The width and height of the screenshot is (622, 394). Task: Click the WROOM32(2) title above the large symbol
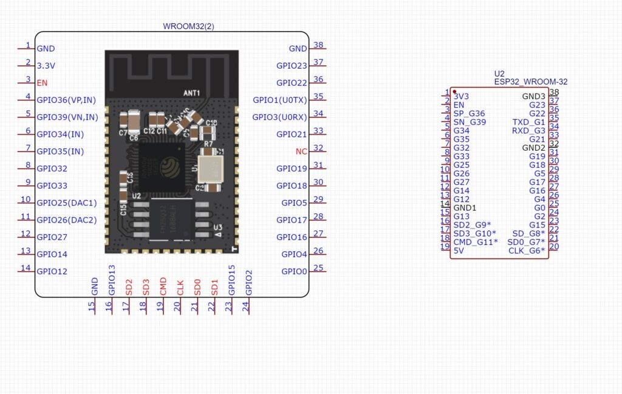coord(188,26)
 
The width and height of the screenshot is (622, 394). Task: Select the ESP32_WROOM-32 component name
coord(531,81)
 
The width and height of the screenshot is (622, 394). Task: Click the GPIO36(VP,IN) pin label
coord(66,100)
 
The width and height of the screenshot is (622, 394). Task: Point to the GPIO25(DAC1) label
coord(67,202)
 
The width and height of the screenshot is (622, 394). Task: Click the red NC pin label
coord(301,151)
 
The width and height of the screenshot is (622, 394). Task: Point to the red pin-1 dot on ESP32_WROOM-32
coord(454,92)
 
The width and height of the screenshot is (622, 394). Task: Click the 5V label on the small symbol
coord(459,251)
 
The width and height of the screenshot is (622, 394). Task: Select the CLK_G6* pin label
coord(527,251)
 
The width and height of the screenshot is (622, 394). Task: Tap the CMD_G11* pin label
coord(476,242)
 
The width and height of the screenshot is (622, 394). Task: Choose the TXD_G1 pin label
coord(529,122)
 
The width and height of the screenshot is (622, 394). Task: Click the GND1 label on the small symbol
coord(465,207)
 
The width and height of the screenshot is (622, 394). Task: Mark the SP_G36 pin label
coord(469,114)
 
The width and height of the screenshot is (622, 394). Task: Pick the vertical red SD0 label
coord(197,288)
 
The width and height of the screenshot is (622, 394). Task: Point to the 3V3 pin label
coord(461,96)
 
